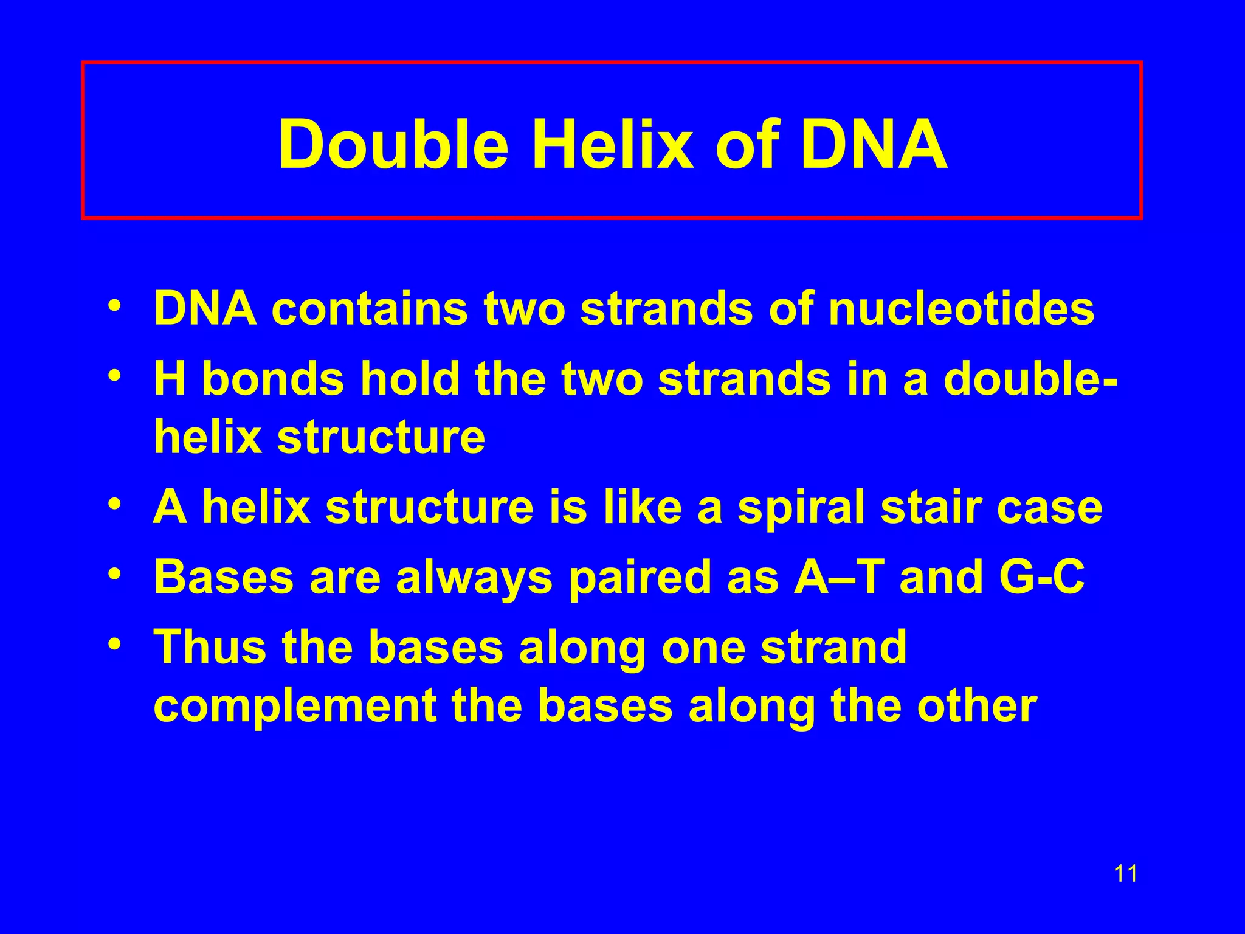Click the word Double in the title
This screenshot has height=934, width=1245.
[x=393, y=144]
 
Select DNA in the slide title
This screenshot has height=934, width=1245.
[x=874, y=144]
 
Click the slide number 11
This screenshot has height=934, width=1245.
[x=1125, y=874]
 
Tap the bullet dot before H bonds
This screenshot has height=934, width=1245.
[x=113, y=375]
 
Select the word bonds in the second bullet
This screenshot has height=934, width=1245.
[x=272, y=379]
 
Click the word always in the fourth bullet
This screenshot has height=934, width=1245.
[x=474, y=578]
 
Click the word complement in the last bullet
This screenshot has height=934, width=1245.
[x=295, y=707]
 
